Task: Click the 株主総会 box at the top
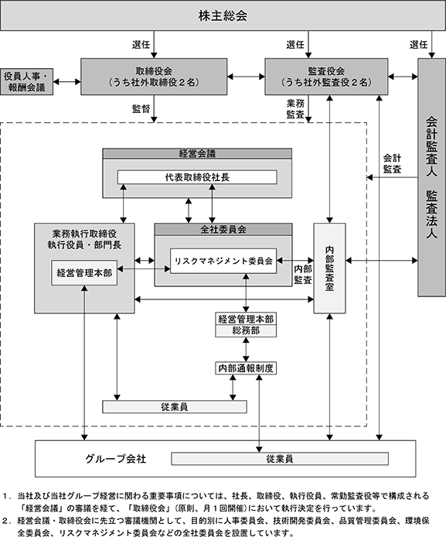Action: click(223, 15)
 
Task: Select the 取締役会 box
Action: click(154, 77)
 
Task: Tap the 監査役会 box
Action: click(326, 77)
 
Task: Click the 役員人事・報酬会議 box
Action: click(27, 81)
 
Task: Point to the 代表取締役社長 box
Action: click(197, 177)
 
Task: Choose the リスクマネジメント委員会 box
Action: click(223, 261)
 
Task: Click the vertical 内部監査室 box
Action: click(329, 268)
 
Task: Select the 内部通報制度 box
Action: click(246, 368)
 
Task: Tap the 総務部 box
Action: click(246, 331)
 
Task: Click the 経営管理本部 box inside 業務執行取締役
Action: click(84, 272)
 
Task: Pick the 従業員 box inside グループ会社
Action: click(280, 459)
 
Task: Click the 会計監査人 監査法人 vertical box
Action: click(431, 177)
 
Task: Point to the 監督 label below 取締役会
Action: click(141, 108)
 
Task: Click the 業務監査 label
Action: click(295, 108)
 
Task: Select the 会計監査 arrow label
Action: click(392, 163)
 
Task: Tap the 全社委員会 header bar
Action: click(223, 230)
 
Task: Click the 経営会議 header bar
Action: click(197, 153)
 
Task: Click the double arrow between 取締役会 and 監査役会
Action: click(246, 77)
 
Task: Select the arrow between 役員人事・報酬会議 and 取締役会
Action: click(67, 81)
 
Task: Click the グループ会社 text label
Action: click(116, 459)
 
